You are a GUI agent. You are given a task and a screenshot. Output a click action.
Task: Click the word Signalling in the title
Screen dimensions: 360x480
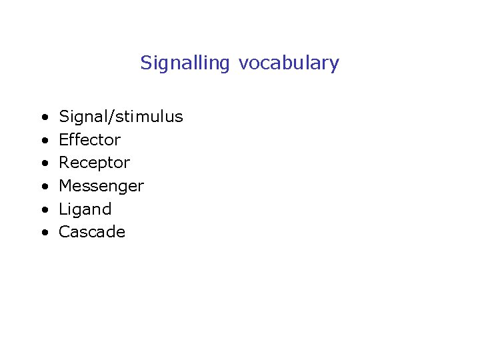pos(185,63)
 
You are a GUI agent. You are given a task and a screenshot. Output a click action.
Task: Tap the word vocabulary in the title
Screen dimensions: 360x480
pos(289,63)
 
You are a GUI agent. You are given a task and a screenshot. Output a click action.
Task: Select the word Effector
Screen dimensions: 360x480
pos(89,140)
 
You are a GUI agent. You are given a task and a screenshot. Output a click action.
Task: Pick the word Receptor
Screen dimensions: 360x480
pos(94,163)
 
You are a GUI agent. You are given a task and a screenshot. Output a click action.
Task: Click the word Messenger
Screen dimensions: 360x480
pos(101,186)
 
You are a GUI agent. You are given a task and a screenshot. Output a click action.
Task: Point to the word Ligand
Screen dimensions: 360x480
pos(85,209)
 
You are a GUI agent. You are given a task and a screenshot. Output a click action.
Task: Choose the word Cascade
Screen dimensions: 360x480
pos(92,232)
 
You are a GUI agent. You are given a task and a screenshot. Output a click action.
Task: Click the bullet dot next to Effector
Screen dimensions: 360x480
pos(43,141)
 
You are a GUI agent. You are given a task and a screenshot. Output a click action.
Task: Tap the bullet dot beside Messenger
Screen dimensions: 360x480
pos(43,187)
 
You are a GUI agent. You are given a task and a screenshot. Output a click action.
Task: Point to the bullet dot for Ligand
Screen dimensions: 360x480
pos(43,210)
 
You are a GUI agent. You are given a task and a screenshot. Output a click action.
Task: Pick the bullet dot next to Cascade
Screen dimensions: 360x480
pos(43,233)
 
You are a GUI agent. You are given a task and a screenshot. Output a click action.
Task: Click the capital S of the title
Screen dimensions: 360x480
pos(145,63)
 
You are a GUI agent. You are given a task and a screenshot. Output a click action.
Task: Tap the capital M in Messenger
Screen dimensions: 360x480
pos(65,186)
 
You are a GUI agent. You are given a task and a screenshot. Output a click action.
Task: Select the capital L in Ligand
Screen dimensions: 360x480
pos(63,209)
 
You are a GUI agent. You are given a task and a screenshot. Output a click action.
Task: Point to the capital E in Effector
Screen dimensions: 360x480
pos(63,140)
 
